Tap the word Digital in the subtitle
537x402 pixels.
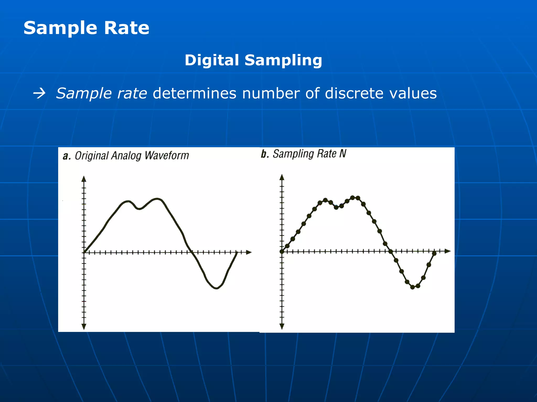(x=212, y=60)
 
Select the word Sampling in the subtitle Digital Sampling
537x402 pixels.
(x=283, y=61)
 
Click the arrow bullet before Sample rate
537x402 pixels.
(x=39, y=93)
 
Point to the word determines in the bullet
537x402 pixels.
(x=194, y=93)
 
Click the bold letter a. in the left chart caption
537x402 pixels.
(x=67, y=156)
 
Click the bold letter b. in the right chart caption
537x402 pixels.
(x=265, y=154)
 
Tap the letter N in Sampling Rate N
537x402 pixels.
(x=343, y=154)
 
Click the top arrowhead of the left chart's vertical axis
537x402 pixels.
(x=84, y=179)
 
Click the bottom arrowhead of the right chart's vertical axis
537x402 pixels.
(x=282, y=326)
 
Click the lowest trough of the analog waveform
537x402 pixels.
(x=216, y=288)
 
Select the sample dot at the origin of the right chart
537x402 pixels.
(x=282, y=252)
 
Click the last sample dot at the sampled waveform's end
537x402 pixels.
(x=434, y=253)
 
